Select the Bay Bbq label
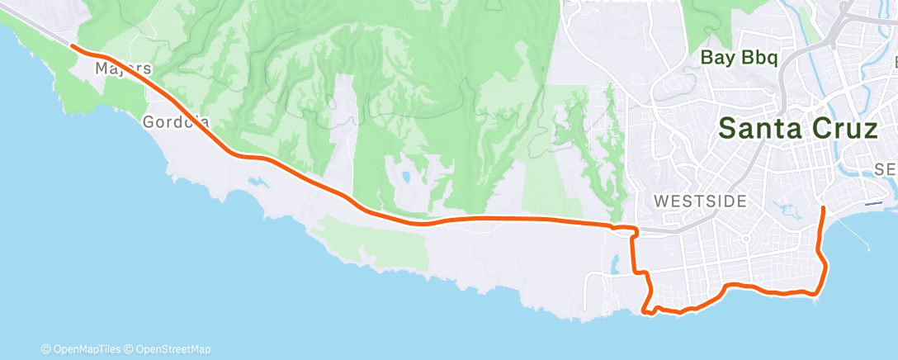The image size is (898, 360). [x=740, y=58]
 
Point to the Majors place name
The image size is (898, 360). [x=123, y=68]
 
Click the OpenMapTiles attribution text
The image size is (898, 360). [x=83, y=348]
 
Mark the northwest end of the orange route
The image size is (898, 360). [x=73, y=46]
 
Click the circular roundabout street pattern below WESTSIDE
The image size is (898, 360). [x=747, y=239]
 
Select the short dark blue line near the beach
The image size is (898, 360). [x=872, y=202]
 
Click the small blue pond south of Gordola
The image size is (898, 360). [x=256, y=179]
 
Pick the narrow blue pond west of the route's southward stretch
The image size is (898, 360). [x=616, y=264]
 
